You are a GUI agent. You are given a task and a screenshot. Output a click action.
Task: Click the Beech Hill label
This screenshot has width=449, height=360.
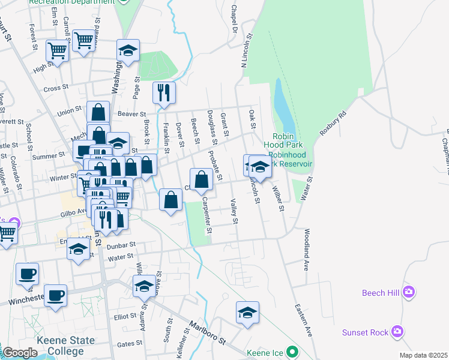(381, 293)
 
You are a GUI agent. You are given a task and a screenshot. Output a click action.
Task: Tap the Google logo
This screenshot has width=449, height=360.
(20, 353)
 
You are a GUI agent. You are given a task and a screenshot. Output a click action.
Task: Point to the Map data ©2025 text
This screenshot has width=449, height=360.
(424, 355)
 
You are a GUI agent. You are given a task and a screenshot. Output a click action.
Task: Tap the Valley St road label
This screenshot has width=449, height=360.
(235, 212)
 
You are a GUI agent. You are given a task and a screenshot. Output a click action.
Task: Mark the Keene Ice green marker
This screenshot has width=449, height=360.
(292, 352)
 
